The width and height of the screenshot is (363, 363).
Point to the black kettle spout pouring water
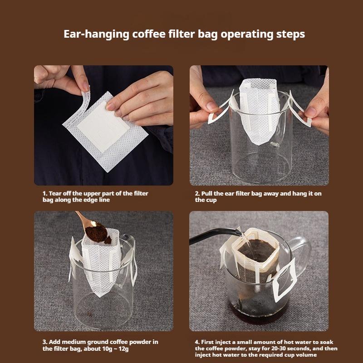pyautogui.click(x=213, y=237)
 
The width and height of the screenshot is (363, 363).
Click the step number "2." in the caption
pyautogui.click(x=197, y=193)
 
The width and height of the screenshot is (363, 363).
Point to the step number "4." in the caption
pyautogui.click(x=197, y=342)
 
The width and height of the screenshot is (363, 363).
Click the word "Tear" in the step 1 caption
pyautogui.click(x=57, y=193)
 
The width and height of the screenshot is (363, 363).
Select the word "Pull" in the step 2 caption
pyautogui.click(x=208, y=193)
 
